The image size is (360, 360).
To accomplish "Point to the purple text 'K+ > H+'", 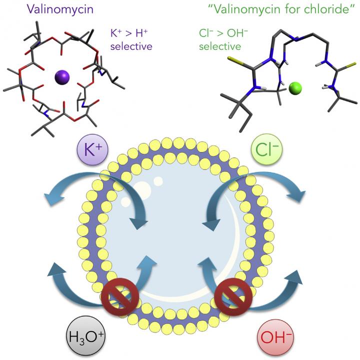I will click(x=131, y=35).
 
